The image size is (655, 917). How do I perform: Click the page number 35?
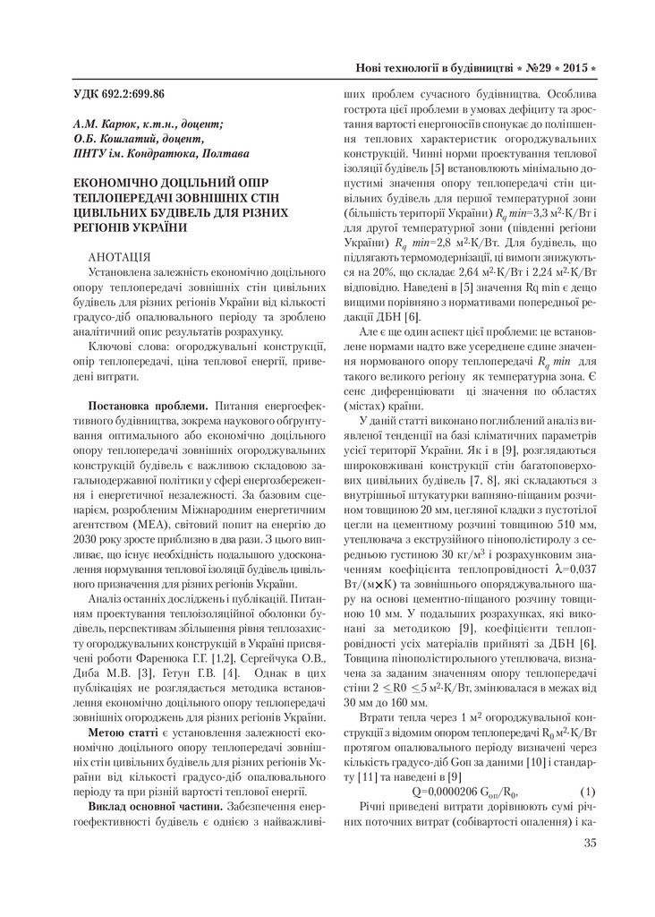tap(588, 843)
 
